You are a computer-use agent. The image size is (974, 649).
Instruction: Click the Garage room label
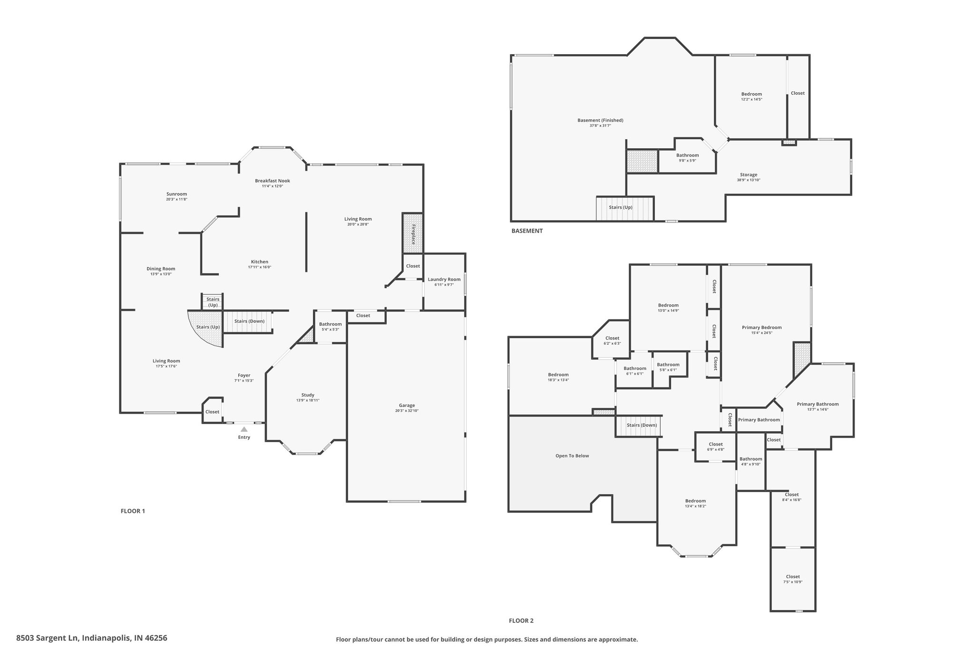coord(407,405)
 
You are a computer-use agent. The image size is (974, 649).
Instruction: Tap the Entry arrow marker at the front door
coord(244,429)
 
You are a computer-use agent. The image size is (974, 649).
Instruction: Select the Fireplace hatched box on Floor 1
coord(413,233)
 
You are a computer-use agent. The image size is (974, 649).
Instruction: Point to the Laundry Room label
coord(444,279)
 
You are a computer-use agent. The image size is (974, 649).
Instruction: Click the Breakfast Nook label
coord(273,181)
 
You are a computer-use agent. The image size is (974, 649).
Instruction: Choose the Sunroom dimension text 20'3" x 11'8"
coord(176,199)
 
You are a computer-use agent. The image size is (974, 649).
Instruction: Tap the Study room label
coord(308,395)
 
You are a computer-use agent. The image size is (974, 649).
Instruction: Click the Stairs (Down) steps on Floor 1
coord(248,321)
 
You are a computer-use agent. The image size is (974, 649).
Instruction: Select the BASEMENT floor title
coord(527,231)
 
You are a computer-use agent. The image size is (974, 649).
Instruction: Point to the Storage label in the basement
coord(749,174)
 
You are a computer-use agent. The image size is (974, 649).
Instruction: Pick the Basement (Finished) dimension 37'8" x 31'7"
coord(600,126)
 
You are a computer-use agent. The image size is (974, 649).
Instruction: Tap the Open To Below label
coord(572,455)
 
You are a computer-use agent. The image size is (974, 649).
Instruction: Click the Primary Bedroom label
coord(762,327)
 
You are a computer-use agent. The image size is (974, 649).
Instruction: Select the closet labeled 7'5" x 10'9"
coord(793,579)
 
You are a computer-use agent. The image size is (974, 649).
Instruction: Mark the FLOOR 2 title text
coord(521,620)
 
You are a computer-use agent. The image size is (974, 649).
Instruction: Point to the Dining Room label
coord(161,269)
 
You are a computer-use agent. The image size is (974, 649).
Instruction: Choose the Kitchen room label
coord(260,262)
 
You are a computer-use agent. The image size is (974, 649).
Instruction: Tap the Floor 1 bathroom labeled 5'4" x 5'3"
coord(331,327)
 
